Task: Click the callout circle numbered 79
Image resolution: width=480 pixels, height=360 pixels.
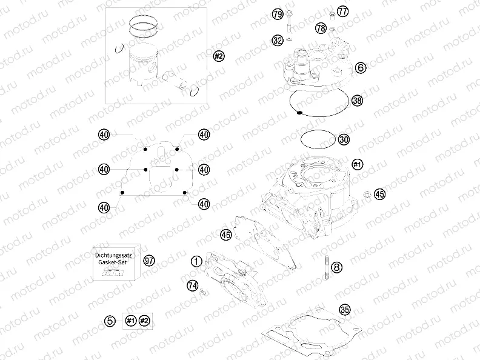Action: click(x=278, y=13)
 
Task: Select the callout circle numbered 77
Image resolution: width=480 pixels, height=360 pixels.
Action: click(x=342, y=12)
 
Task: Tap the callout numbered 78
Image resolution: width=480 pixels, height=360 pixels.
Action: click(x=321, y=28)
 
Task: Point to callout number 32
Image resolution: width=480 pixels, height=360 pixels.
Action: click(x=278, y=41)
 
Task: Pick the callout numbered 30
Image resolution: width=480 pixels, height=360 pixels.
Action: click(x=344, y=139)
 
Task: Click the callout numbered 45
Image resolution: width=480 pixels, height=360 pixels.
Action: click(x=379, y=195)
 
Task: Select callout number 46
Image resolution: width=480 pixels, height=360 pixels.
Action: click(x=225, y=235)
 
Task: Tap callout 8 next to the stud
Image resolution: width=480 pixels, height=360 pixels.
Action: click(x=337, y=265)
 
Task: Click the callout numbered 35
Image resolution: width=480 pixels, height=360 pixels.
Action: click(x=345, y=310)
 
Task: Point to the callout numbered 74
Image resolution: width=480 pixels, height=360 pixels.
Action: click(x=192, y=285)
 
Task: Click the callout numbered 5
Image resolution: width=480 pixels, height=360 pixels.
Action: click(x=110, y=321)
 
